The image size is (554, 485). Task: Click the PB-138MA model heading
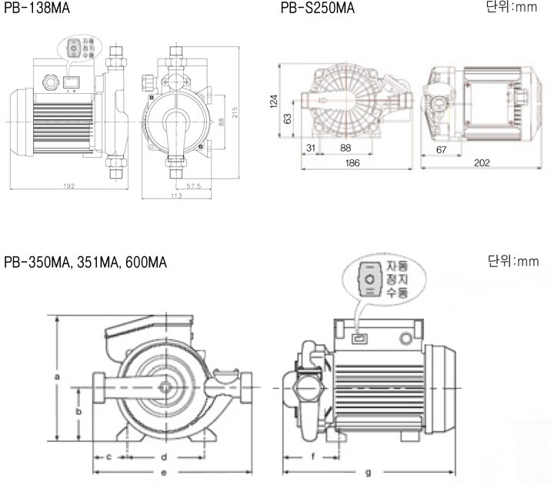[34, 8]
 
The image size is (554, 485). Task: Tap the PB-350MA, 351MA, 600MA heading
[85, 263]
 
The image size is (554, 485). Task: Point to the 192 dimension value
[69, 186]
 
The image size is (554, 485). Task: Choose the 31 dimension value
[312, 148]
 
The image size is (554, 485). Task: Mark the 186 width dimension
[352, 163]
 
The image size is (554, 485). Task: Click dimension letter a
[57, 376]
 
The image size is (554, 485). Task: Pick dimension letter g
[368, 471]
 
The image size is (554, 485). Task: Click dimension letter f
[312, 457]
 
